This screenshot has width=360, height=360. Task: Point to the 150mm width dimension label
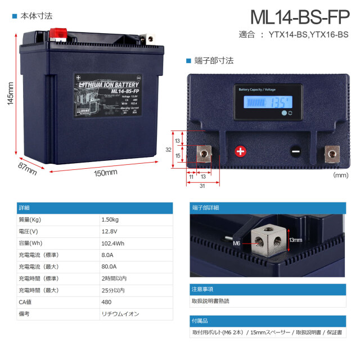coord(105,172)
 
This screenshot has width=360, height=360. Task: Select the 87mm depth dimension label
coord(28,168)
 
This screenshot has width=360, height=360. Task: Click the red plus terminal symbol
coord(240,151)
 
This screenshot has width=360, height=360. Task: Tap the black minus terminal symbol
coord(295,151)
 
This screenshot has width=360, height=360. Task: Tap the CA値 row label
coord(26,302)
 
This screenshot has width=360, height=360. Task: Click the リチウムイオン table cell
coord(120,314)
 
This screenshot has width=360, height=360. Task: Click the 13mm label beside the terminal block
coord(296,240)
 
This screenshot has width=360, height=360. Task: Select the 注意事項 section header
coord(202,289)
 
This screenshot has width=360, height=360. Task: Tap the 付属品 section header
coord(200,321)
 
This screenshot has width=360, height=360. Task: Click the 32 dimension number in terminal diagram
coord(168,150)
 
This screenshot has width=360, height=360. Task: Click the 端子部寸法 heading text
coord(214,60)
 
